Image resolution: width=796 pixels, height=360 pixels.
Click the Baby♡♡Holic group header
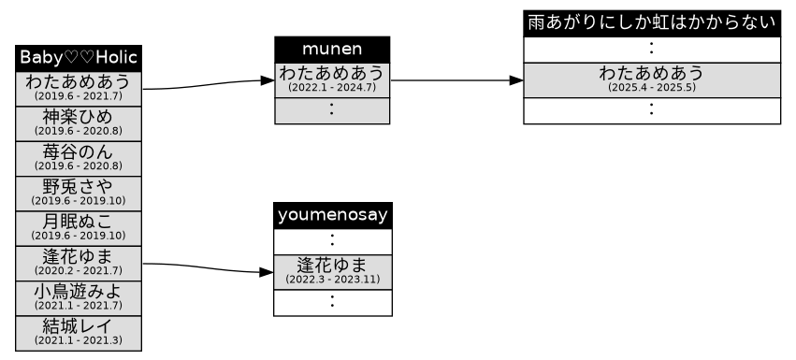pyautogui.click(x=79, y=58)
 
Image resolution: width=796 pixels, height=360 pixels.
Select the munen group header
pyautogui.click(x=332, y=49)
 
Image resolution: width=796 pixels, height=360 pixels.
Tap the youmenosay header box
pyautogui.click(x=332, y=215)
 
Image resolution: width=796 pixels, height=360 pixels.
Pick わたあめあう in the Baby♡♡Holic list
pyautogui.click(x=79, y=87)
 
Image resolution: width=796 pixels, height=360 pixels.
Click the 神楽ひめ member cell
pyautogui.click(x=79, y=122)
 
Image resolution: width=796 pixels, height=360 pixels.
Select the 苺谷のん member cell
pyautogui.click(x=79, y=156)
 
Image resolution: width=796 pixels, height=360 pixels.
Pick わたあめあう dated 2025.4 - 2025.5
pyautogui.click(x=651, y=79)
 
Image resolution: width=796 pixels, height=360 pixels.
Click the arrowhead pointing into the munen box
pyautogui.click(x=268, y=81)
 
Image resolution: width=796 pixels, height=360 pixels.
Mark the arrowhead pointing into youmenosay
pyautogui.click(x=267, y=273)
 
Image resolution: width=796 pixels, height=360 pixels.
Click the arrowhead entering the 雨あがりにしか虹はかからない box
pyautogui.click(x=515, y=81)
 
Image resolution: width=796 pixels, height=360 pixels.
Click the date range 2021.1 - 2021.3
pyautogui.click(x=79, y=340)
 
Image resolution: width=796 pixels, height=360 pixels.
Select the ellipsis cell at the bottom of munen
pyautogui.click(x=332, y=110)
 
